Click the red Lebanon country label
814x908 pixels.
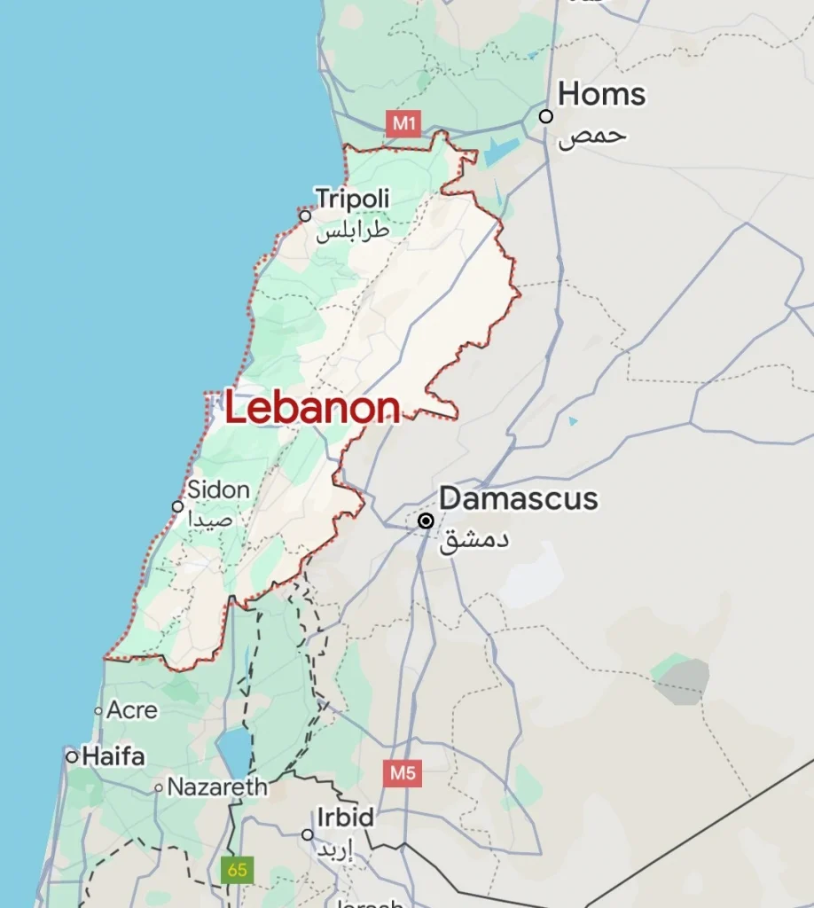pyautogui.click(x=312, y=409)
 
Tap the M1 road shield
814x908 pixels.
pyautogui.click(x=403, y=122)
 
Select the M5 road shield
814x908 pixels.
pyautogui.click(x=403, y=772)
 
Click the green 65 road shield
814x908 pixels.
pyautogui.click(x=237, y=869)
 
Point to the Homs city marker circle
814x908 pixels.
pyautogui.click(x=546, y=116)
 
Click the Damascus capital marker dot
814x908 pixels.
pyautogui.click(x=427, y=521)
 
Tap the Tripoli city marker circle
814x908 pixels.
pyautogui.click(x=305, y=215)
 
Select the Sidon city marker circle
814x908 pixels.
pyautogui.click(x=177, y=506)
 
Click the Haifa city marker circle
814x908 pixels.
pyautogui.click(x=72, y=756)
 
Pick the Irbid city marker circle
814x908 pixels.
pyautogui.click(x=307, y=834)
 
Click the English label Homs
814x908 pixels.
pyautogui.click(x=602, y=94)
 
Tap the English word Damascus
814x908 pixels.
pyautogui.click(x=519, y=498)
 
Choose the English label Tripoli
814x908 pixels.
pyautogui.click(x=353, y=198)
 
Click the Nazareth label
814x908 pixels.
pyautogui.click(x=217, y=787)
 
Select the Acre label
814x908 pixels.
pyautogui.click(x=132, y=710)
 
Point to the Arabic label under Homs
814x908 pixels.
pyautogui.click(x=592, y=136)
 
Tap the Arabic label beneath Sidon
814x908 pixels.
pyautogui.click(x=210, y=520)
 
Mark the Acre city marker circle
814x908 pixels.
pyautogui.click(x=98, y=711)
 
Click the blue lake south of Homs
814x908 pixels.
pyautogui.click(x=502, y=152)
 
